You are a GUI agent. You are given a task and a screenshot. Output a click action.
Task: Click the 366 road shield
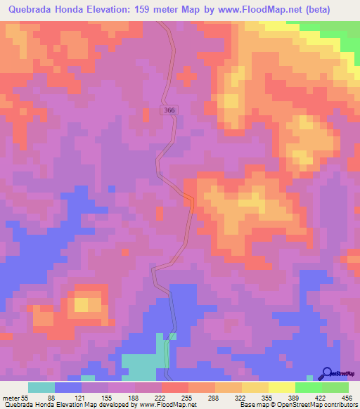coord(167,110)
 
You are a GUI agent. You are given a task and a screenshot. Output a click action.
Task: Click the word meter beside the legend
coord(12,398)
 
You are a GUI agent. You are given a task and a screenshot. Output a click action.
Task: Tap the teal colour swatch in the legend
coord(41,387)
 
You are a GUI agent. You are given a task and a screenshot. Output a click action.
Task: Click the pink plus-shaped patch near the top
coord(187,74)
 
